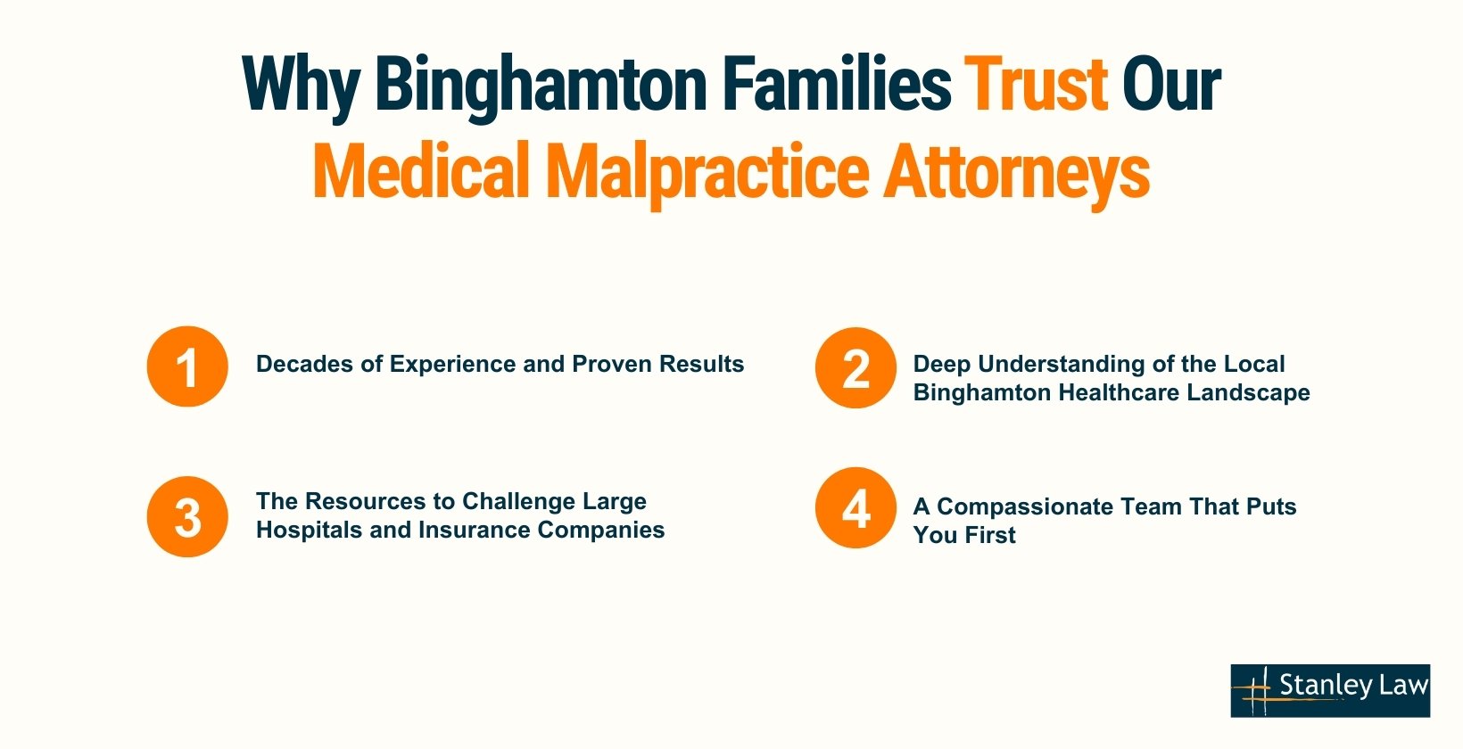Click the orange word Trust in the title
pyautogui.click(x=1036, y=85)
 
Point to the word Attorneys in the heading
pyautogui.click(x=1016, y=171)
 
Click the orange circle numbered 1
pyautogui.click(x=187, y=366)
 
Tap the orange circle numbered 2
pyautogui.click(x=855, y=367)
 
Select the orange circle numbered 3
pyautogui.click(x=187, y=517)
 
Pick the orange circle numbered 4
pyautogui.click(x=855, y=508)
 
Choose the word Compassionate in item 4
pyautogui.click(x=1023, y=506)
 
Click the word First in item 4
pyautogui.click(x=990, y=535)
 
